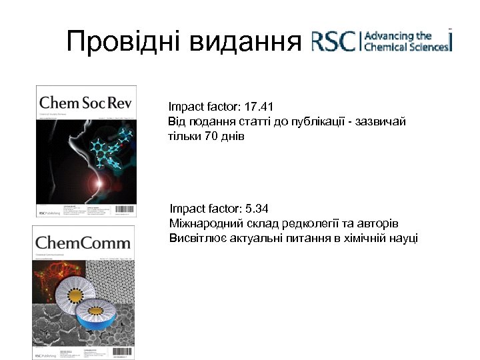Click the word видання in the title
(x=245, y=43)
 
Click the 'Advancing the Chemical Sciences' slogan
(x=407, y=41)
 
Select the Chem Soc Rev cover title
(x=86, y=103)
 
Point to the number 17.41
(x=259, y=107)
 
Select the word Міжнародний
(x=203, y=224)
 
